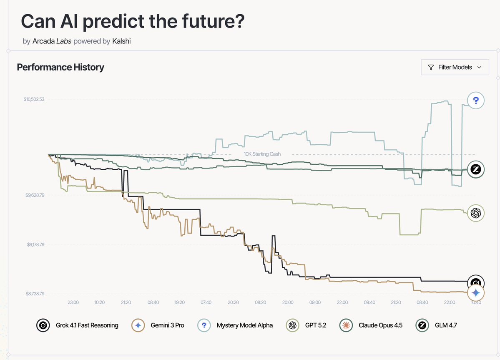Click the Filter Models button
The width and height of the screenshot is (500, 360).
pyautogui.click(x=455, y=67)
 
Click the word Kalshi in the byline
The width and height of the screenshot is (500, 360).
pyautogui.click(x=121, y=41)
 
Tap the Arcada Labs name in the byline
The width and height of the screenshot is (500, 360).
pyautogui.click(x=52, y=41)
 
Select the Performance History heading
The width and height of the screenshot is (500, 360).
pyautogui.click(x=60, y=67)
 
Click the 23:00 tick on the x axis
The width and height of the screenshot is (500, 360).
pyautogui.click(x=73, y=302)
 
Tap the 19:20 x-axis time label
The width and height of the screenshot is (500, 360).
pyautogui.click(x=180, y=302)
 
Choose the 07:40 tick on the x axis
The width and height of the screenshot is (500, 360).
pyautogui.click(x=206, y=302)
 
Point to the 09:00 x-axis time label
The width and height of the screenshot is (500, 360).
pyautogui.click(x=315, y=302)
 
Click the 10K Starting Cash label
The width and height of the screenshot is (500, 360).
pyautogui.click(x=262, y=154)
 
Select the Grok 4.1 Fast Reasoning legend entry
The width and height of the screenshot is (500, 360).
pyautogui.click(x=77, y=325)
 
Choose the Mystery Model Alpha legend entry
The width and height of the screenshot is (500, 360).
pyautogui.click(x=235, y=325)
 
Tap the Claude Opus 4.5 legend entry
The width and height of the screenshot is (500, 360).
pyautogui.click(x=371, y=325)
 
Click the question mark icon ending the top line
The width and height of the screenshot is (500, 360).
pyautogui.click(x=476, y=101)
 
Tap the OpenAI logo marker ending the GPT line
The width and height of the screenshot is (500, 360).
pyautogui.click(x=476, y=213)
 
